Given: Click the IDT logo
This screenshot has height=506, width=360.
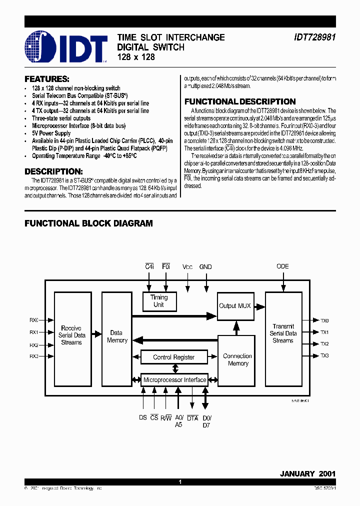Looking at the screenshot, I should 66,47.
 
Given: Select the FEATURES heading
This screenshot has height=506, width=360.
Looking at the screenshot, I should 47,79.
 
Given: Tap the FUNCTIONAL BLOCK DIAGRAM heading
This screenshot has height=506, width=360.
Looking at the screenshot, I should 88,223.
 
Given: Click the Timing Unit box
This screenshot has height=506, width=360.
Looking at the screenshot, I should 158,301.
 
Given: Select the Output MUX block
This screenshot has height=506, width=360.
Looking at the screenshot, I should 235,305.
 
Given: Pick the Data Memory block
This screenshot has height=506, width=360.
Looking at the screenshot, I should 116,336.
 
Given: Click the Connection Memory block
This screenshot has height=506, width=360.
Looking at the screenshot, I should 237,359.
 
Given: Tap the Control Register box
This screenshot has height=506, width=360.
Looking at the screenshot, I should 173,357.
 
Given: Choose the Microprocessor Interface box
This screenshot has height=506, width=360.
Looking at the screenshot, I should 174,380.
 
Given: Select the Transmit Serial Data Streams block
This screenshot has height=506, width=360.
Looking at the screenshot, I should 283,333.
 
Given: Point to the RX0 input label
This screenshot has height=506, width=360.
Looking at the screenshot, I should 34,320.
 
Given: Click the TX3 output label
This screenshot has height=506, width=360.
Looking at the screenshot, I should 324,355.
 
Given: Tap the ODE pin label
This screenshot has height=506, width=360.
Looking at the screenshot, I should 282,266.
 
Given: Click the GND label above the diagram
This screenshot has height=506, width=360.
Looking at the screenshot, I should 205,267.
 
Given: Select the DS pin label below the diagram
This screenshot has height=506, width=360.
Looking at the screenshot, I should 143,418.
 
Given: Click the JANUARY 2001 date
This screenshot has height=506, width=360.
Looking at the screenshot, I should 307,473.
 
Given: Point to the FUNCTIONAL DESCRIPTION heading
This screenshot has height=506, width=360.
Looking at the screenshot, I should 240,101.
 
